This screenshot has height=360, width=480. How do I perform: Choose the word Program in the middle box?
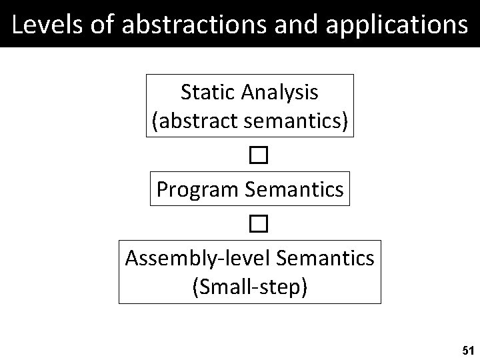[x=198, y=191]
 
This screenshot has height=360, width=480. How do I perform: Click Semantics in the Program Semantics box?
[x=295, y=189]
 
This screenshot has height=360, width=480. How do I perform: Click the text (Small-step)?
[x=250, y=287]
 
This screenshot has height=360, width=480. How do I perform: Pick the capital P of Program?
[x=162, y=189]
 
